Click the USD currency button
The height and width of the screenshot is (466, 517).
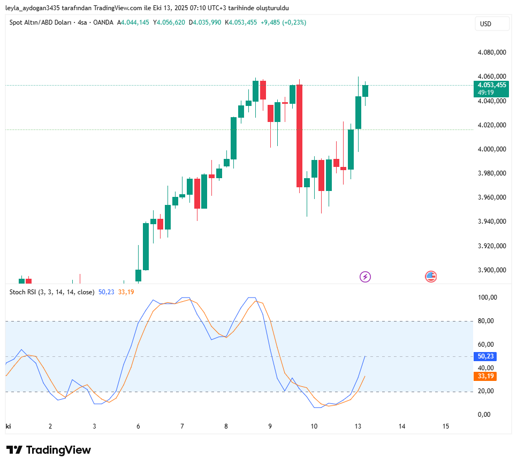[485, 24]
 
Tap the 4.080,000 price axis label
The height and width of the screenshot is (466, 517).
[492, 52]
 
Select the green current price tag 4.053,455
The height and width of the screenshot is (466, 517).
[492, 85]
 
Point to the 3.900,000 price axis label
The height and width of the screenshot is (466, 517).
[492, 270]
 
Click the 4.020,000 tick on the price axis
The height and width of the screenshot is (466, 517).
[492, 125]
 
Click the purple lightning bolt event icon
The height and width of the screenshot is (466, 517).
[365, 277]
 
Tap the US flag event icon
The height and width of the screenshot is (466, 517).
[431, 277]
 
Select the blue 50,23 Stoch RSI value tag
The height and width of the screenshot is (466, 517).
[485, 356]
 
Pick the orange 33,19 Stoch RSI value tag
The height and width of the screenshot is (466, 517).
[485, 376]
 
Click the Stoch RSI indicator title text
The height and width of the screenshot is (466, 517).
[52, 292]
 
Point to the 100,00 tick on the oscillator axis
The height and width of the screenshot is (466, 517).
[488, 297]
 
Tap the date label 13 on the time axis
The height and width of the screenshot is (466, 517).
[358, 426]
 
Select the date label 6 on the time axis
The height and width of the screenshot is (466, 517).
[138, 426]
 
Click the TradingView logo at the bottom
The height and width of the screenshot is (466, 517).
[49, 450]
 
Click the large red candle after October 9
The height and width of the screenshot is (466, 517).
[299, 136]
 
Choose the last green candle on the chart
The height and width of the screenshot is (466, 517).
[366, 90]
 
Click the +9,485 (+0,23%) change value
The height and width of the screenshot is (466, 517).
[283, 22]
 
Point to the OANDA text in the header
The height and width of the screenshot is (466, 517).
[103, 22]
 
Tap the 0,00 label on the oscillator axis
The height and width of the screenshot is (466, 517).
[484, 415]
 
